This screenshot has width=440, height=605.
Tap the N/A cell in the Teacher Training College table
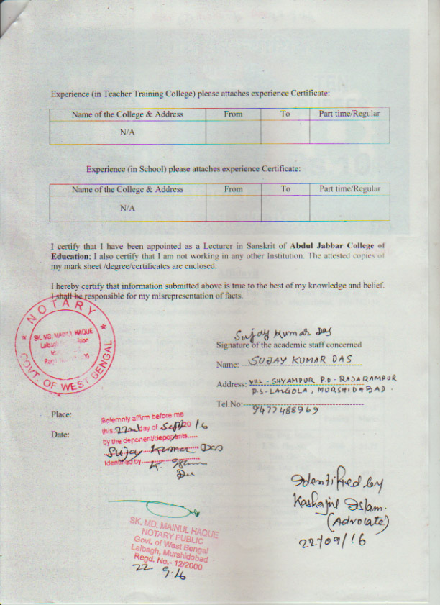pyautogui.click(x=127, y=133)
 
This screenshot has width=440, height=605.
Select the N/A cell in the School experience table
pyautogui.click(x=127, y=208)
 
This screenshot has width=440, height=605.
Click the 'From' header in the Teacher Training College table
pyautogui.click(x=233, y=114)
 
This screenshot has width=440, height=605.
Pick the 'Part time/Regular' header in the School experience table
pyautogui.click(x=349, y=189)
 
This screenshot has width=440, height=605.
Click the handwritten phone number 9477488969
pyautogui.click(x=285, y=410)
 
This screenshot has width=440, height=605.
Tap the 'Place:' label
pyautogui.click(x=61, y=414)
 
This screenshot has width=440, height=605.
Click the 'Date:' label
pyautogui.click(x=60, y=435)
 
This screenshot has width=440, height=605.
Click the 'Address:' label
pyautogui.click(x=232, y=383)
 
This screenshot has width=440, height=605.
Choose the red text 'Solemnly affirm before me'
pyautogui.click(x=143, y=417)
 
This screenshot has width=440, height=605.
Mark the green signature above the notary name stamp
pyautogui.click(x=155, y=509)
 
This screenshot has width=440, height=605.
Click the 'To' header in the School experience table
pyautogui.click(x=285, y=189)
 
